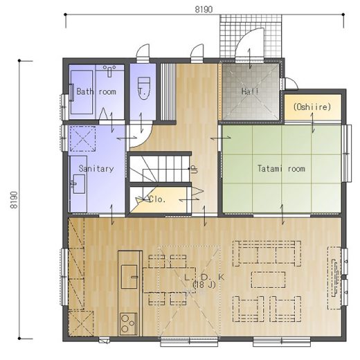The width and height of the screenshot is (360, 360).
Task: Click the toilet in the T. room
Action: [144, 89]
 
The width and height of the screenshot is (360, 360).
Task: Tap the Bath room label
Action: [96, 91]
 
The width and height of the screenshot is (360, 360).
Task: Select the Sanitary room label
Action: [96, 168]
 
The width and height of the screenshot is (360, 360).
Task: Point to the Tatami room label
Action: [281, 168]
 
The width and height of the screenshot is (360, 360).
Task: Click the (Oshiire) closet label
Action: [312, 107]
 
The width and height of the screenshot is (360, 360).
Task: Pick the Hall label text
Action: [250, 91]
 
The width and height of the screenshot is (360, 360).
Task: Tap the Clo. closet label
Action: [157, 199]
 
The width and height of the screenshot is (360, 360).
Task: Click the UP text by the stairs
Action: [195, 170]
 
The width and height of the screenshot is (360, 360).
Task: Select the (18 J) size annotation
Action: [204, 285]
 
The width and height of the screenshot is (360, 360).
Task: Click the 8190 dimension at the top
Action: [204, 10]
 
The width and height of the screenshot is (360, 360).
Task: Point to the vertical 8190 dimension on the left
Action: [14, 200]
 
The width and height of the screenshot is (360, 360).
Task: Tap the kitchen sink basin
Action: [129, 277]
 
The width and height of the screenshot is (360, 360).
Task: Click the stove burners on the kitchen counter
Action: [128, 324]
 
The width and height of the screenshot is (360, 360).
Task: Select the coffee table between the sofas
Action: [268, 280]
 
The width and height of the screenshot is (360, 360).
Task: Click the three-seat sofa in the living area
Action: [267, 253]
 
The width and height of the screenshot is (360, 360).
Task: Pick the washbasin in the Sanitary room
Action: [79, 183]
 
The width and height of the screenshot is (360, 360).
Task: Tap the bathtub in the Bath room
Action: [82, 92]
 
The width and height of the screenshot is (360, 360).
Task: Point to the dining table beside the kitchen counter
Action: [169, 280]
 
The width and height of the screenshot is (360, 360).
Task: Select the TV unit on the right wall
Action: [334, 278]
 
